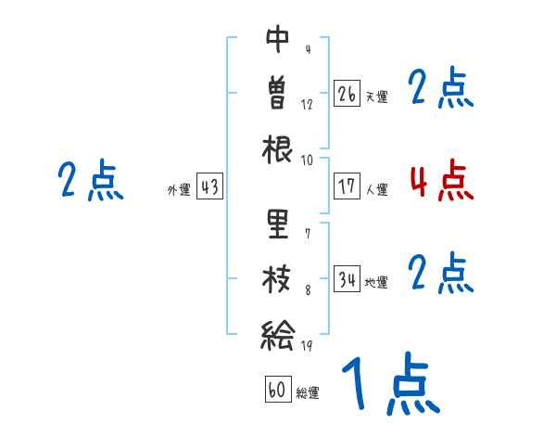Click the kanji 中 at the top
coord(278,39)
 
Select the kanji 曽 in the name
coord(278,93)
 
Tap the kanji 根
coord(278,147)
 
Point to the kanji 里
coord(278,224)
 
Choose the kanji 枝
coord(278,278)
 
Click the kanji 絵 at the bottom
coord(278,333)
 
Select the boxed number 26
coord(347,94)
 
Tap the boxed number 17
coord(347,186)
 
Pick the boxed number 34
coord(347,279)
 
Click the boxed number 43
coord(209,186)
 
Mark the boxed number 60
coord(277,390)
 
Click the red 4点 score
coord(442,181)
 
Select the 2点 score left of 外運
coord(91,181)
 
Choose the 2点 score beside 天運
coord(441,89)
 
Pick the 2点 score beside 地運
coord(441,274)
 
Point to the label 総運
coord(308,393)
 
